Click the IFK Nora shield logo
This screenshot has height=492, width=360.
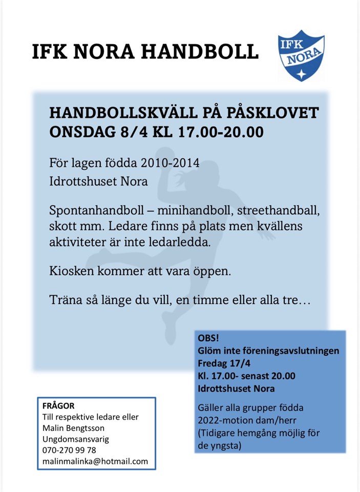coord(301,55)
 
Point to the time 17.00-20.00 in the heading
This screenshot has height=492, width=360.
coord(221,132)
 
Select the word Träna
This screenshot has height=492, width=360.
coord(65,299)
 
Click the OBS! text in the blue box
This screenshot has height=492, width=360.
coord(208,339)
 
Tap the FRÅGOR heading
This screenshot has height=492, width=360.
coord(59,406)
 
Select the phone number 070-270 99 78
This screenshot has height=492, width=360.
coord(69,450)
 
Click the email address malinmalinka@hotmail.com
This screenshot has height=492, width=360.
coord(95,461)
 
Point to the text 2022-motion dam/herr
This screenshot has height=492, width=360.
coord(243,421)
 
